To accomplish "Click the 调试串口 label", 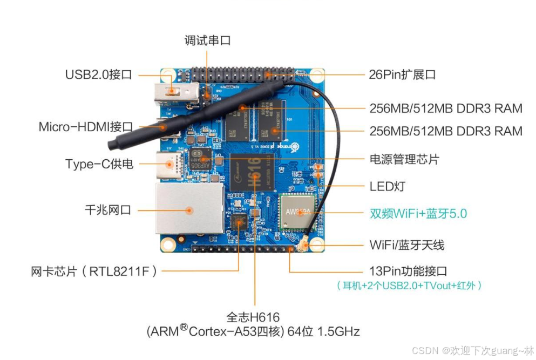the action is [x=207, y=40].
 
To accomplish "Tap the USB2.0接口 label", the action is [x=98, y=74].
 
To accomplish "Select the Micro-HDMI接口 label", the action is [x=85, y=127].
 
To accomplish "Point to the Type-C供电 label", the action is [x=99, y=164].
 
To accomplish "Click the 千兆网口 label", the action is [x=108, y=210].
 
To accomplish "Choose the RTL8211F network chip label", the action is [x=94, y=271].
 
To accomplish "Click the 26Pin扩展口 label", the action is [x=402, y=74].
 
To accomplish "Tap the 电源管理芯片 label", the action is [x=404, y=159].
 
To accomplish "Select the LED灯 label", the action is [x=388, y=187].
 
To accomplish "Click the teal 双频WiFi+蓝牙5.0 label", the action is [x=418, y=214].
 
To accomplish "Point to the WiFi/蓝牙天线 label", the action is [x=407, y=245].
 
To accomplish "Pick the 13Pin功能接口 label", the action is [x=408, y=271].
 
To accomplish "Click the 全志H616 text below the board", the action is [x=253, y=317].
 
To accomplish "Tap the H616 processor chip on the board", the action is [x=252, y=172].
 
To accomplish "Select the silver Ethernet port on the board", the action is [x=190, y=209].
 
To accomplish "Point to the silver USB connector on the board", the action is [x=177, y=92].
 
